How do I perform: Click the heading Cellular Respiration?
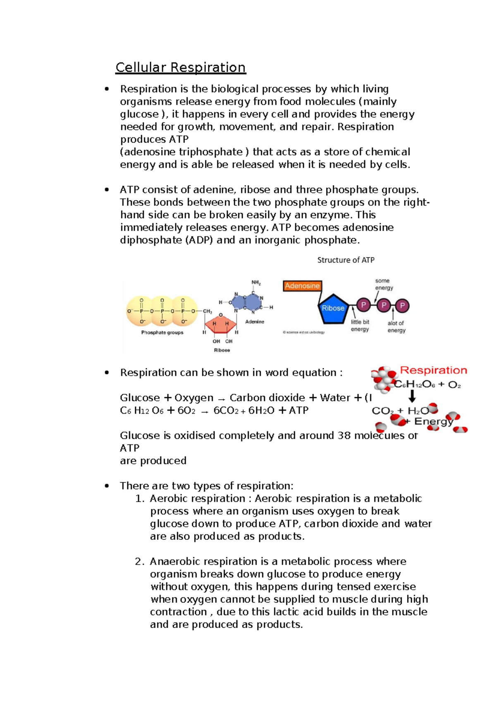pyautogui.click(x=181, y=67)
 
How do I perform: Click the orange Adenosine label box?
pyautogui.click(x=302, y=286)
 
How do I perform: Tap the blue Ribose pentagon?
pyautogui.click(x=333, y=308)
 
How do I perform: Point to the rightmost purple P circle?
pyautogui.click(x=402, y=306)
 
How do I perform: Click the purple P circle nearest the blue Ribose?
pyautogui.click(x=363, y=305)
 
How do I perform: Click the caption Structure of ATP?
pyautogui.click(x=346, y=260)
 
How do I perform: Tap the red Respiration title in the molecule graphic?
pyautogui.click(x=433, y=370)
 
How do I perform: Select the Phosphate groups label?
pyautogui.click(x=162, y=332)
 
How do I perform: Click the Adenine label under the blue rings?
pyautogui.click(x=255, y=322)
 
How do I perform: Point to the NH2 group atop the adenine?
pyautogui.click(x=256, y=283)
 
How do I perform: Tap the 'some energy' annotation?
pyautogui.click(x=384, y=284)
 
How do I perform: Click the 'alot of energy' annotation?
pyautogui.click(x=396, y=327)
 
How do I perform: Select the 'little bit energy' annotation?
pyautogui.click(x=360, y=326)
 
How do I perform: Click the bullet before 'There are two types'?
pyautogui.click(x=107, y=486)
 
